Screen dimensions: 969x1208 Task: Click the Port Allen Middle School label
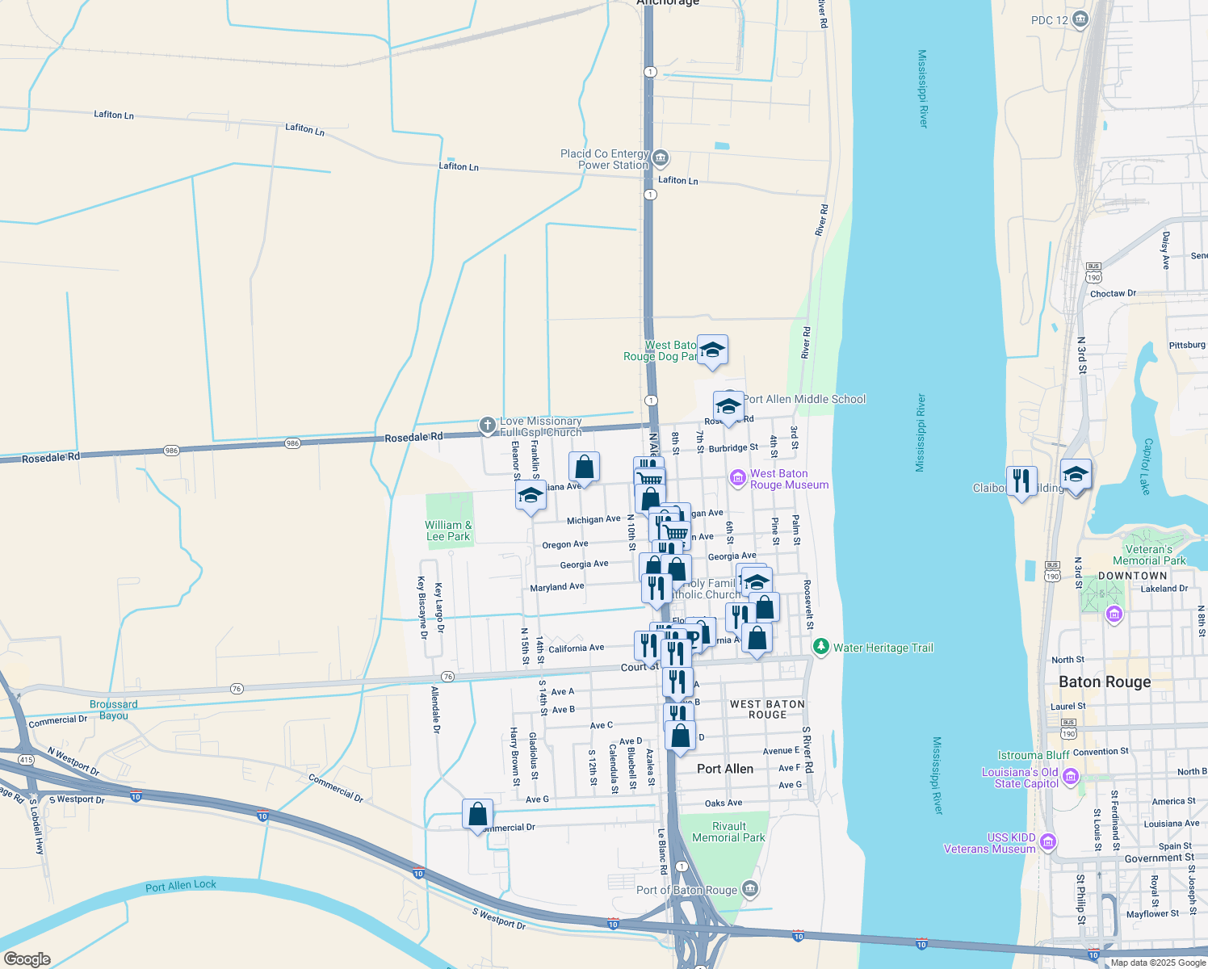pyautogui.click(x=804, y=399)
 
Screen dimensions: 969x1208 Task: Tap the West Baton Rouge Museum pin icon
pyautogui.click(x=737, y=478)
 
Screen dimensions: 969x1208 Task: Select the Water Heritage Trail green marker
pyautogui.click(x=821, y=647)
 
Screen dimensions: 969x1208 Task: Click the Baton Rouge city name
pyautogui.click(x=1104, y=682)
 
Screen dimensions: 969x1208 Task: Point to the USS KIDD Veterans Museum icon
pyautogui.click(x=1048, y=842)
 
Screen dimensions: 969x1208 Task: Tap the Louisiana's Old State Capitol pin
pyautogui.click(x=1071, y=777)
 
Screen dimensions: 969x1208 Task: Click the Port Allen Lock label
pyautogui.click(x=181, y=885)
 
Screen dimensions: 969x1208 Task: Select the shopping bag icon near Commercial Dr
pyautogui.click(x=478, y=813)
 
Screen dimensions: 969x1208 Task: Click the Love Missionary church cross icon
pyautogui.click(x=487, y=426)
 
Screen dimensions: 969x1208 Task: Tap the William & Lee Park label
pyautogui.click(x=448, y=531)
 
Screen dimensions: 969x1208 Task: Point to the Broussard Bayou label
pyautogui.click(x=114, y=710)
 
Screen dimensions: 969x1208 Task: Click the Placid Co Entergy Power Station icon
pyautogui.click(x=661, y=157)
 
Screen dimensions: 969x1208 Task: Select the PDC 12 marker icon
pyautogui.click(x=1080, y=19)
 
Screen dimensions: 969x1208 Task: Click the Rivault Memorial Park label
pyautogui.click(x=728, y=832)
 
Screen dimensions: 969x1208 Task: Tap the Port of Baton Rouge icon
pyautogui.click(x=750, y=889)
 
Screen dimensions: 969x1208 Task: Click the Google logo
pyautogui.click(x=27, y=959)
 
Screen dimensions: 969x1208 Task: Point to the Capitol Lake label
pyautogui.click(x=1146, y=467)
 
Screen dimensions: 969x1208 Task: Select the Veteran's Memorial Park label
pyautogui.click(x=1149, y=555)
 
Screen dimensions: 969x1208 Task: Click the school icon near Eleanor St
pyautogui.click(x=531, y=495)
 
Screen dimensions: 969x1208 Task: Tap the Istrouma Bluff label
pyautogui.click(x=1034, y=755)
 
